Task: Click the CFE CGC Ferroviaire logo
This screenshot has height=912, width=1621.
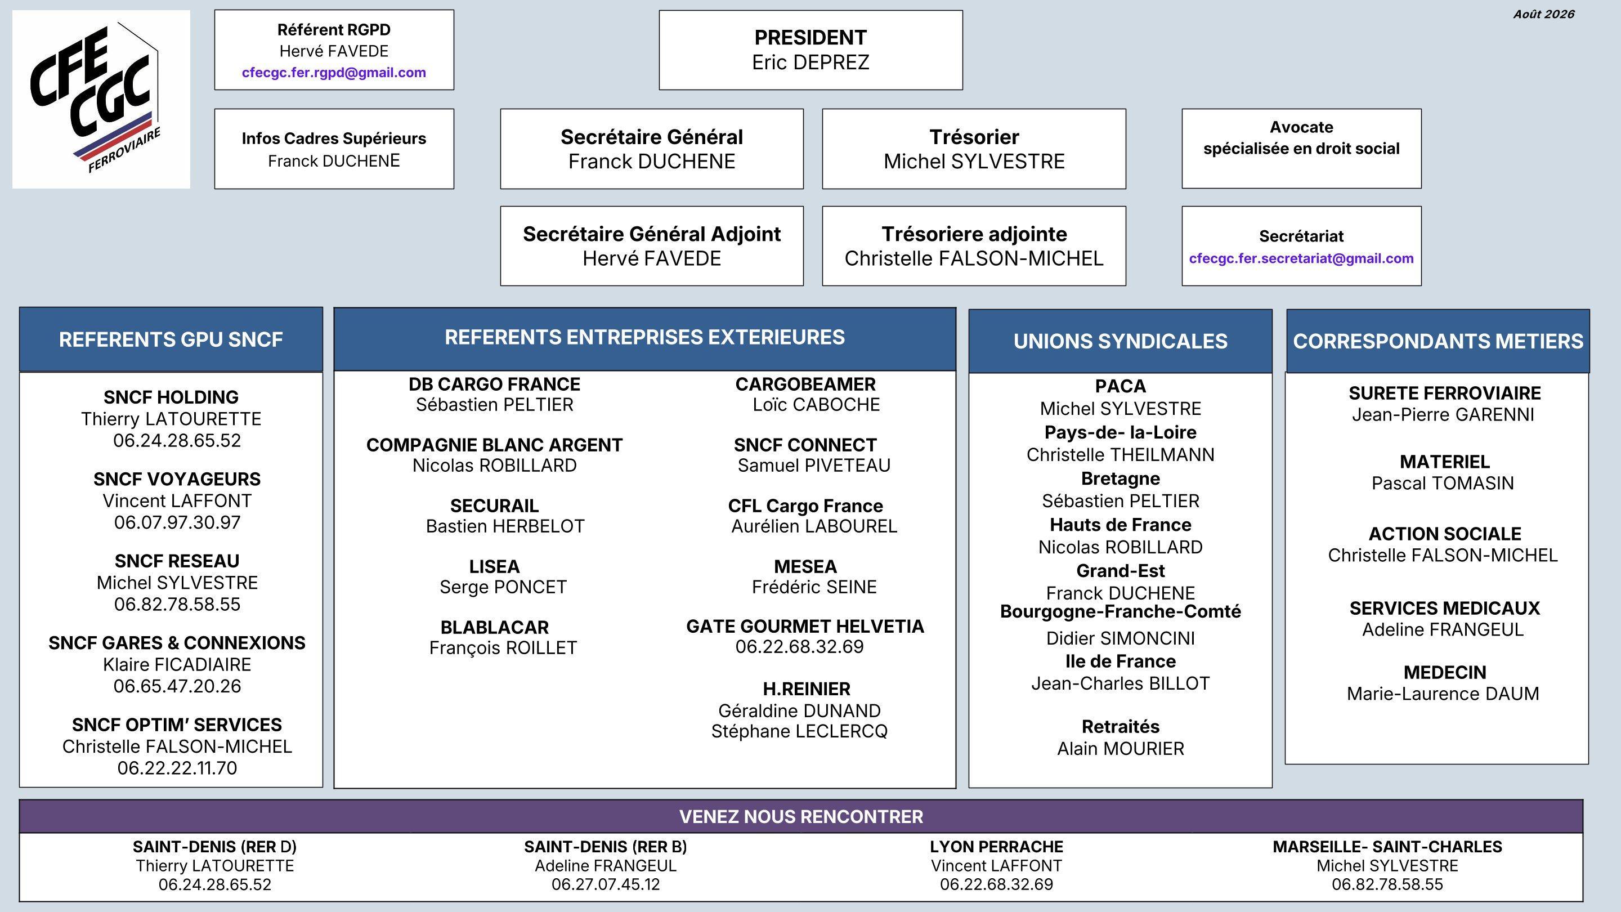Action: [x=101, y=99]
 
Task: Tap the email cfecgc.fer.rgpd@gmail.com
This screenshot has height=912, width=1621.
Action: [x=334, y=73]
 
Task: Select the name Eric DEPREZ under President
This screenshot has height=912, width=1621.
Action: [x=811, y=62]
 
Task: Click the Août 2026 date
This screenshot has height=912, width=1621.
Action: [x=1543, y=14]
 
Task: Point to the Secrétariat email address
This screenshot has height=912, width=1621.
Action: [x=1301, y=258]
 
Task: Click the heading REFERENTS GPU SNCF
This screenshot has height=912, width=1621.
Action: [x=171, y=339]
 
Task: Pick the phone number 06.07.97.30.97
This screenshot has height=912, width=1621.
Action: [x=177, y=522]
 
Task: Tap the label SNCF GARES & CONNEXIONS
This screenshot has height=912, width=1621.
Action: [x=177, y=642]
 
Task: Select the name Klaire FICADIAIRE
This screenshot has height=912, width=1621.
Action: [x=177, y=664]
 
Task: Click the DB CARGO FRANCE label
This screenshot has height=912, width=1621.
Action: [x=495, y=384]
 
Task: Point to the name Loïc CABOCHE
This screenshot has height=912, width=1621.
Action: [x=816, y=404]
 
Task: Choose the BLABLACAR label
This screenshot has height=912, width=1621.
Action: [x=495, y=627]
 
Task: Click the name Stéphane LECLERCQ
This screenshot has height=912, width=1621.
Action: [x=799, y=731]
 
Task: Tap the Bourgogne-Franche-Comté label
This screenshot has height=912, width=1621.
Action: [x=1121, y=611]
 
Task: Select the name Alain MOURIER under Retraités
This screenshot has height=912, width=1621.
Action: [x=1121, y=748]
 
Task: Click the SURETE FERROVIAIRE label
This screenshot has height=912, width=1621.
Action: [x=1445, y=393]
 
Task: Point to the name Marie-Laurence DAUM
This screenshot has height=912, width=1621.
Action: [x=1443, y=694]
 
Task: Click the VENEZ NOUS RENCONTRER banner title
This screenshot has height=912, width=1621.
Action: [x=801, y=816]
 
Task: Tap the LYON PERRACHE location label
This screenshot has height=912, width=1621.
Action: [x=997, y=847]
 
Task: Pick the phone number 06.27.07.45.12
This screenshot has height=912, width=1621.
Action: [x=606, y=884]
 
